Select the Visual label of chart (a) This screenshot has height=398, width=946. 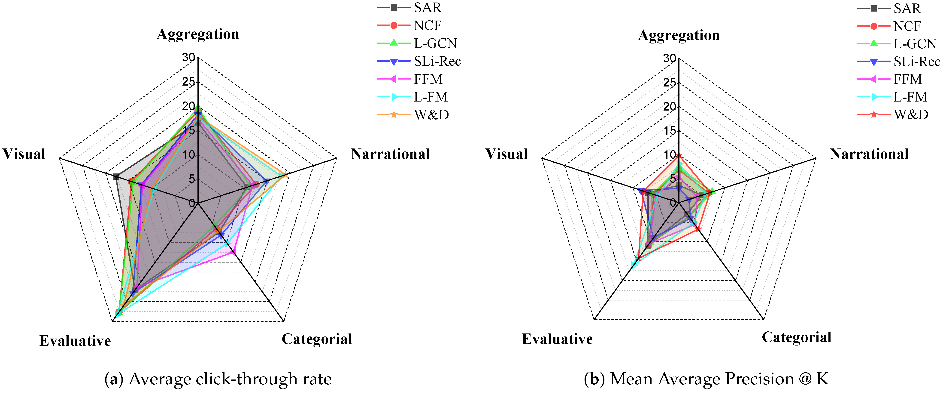(24, 154)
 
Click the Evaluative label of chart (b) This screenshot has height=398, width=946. (557, 339)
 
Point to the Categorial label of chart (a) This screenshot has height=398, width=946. (317, 339)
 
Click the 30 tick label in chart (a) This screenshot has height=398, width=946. (189, 57)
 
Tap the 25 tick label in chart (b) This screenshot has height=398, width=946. (670, 82)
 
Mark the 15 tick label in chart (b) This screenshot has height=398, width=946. (670, 131)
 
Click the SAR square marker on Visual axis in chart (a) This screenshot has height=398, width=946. (116, 176)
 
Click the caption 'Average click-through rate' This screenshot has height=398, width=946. (230, 379)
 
